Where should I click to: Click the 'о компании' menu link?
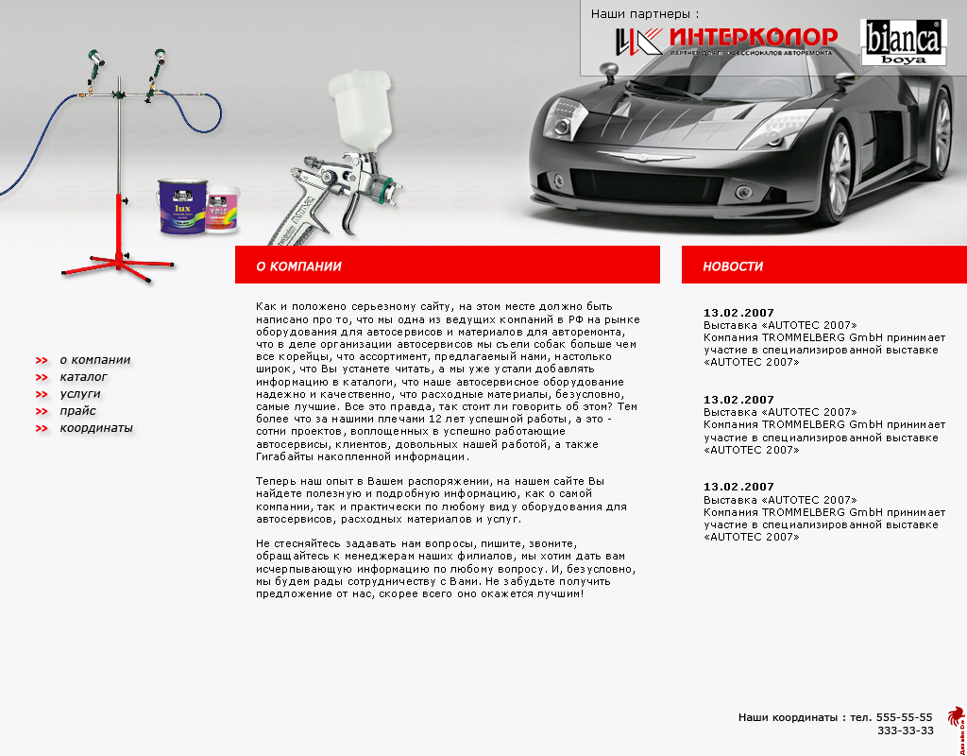click(x=94, y=360)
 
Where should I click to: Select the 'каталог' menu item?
click(x=83, y=377)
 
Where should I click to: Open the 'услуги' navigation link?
click(x=79, y=394)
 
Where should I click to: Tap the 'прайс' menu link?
click(x=77, y=411)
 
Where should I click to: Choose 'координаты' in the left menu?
click(x=95, y=428)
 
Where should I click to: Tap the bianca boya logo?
click(x=902, y=43)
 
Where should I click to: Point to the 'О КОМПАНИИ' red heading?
click(x=298, y=266)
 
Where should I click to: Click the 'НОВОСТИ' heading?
click(x=732, y=266)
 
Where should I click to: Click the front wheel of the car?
click(x=839, y=177)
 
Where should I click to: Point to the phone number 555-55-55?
click(x=904, y=717)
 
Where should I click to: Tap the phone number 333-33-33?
click(x=905, y=730)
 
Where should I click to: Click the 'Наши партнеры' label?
click(x=645, y=14)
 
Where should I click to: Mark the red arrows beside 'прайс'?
click(x=42, y=411)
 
